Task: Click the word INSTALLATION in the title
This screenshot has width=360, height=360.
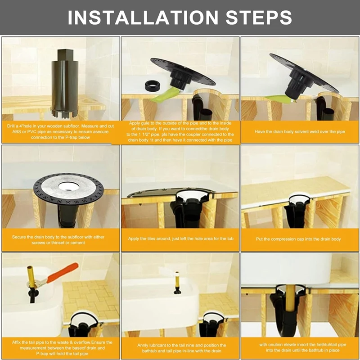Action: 143,18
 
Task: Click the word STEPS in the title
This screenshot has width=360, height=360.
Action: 259,18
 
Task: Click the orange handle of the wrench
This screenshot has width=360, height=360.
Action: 63,273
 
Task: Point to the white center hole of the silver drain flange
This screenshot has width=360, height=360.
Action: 69,186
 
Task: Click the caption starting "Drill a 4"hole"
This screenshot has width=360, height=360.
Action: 60,131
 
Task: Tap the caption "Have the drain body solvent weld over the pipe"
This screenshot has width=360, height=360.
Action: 300,131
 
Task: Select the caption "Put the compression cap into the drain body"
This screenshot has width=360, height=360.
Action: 298,239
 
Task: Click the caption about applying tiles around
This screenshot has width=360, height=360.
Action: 181,238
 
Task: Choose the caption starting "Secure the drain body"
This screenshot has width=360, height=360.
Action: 58,240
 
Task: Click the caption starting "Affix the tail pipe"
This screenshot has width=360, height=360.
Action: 62,348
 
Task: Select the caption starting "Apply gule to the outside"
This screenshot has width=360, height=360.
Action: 180,131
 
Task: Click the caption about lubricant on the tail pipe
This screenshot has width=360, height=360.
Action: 181,348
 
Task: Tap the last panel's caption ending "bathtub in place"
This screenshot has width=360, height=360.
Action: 302,347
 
